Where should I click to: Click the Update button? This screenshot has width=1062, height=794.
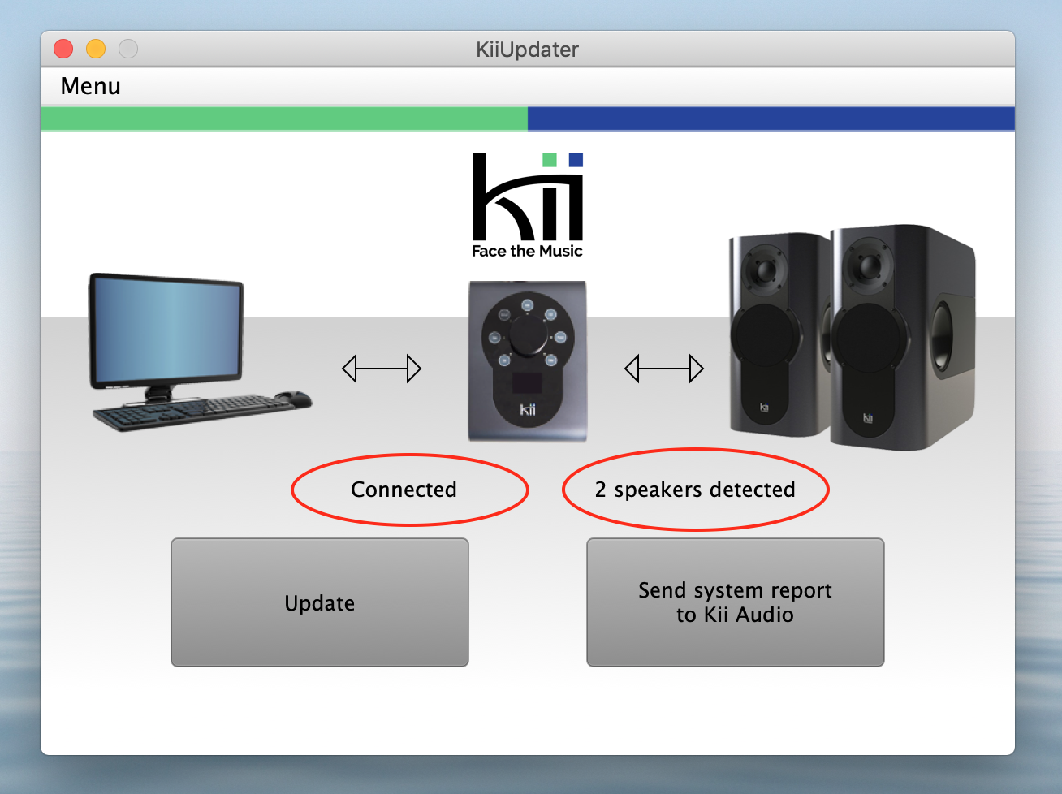[319, 602]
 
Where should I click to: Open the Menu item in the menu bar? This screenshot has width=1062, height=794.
[90, 86]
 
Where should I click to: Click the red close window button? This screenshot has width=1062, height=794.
[63, 49]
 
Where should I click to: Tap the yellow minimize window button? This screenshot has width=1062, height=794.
[96, 49]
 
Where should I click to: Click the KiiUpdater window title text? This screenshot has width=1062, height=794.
[527, 50]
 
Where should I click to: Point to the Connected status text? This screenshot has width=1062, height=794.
[404, 490]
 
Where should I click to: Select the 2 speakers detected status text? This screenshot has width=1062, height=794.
[695, 490]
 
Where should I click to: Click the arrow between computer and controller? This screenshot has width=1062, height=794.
[382, 369]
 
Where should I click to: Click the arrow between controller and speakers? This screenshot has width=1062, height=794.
[664, 369]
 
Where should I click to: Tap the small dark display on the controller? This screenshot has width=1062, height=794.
[527, 383]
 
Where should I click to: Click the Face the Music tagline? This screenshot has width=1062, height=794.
[527, 252]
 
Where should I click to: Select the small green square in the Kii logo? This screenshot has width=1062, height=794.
[550, 159]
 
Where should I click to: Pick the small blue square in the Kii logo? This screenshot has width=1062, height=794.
[576, 159]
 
